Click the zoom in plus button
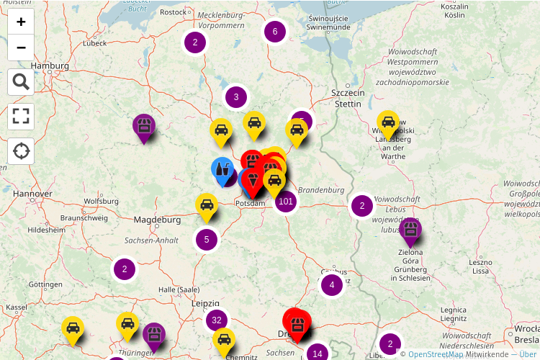[21, 22]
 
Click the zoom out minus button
[21, 48]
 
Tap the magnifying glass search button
[21, 82]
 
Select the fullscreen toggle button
[21, 117]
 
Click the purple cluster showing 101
[286, 201]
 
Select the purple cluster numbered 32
[216, 320]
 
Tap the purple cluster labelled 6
[275, 31]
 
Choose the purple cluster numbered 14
[318, 353]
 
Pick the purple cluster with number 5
[207, 239]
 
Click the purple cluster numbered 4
[332, 285]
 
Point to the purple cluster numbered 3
[236, 97]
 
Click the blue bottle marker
[222, 169]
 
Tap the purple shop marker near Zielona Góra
[410, 231]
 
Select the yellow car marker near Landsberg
[388, 123]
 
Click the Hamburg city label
[50, 66]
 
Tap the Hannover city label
[32, 194]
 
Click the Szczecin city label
[348, 94]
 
